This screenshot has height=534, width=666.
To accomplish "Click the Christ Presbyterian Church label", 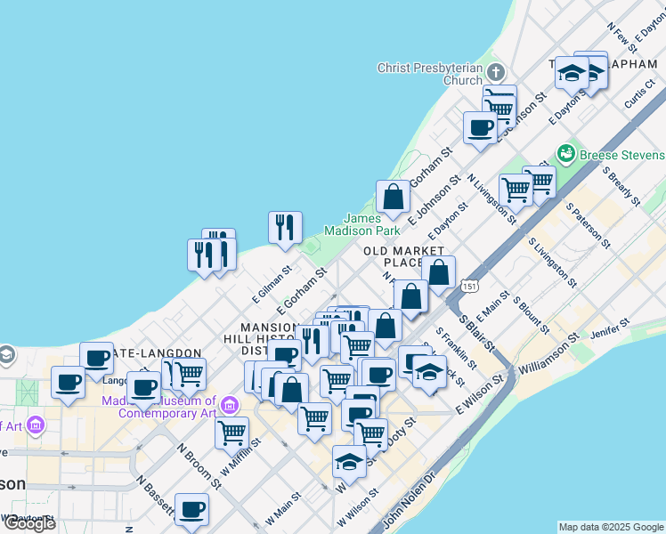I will click(429, 74).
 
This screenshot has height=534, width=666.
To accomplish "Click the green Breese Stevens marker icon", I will click(564, 154).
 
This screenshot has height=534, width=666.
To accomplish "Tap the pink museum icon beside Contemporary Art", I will click(231, 407).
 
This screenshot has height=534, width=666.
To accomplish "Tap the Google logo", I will click(29, 523).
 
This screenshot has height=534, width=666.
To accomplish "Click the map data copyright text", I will click(611, 527).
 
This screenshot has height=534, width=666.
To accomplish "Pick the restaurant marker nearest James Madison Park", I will click(285, 227).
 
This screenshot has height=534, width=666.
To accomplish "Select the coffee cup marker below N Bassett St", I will click(191, 509).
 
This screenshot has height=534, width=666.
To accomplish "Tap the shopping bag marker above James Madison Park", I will click(393, 197).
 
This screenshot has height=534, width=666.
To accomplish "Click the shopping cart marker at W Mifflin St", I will click(231, 433).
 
